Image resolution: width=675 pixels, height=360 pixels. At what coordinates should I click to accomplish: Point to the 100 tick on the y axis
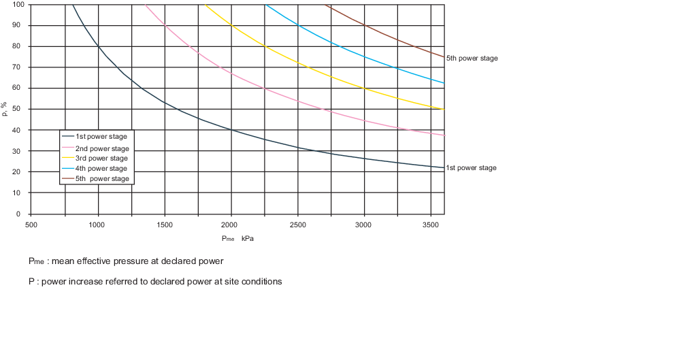pos(18,5)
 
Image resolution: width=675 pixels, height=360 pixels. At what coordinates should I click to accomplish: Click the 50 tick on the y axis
pos(18,109)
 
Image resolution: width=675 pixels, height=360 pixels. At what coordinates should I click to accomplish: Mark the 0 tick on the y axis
pos(20,214)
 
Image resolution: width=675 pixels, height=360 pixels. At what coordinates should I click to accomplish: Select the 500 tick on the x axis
pos(31,223)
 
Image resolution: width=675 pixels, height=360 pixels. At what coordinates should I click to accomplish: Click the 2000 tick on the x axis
pos(231,223)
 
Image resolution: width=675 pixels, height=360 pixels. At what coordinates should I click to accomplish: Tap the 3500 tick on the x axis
pos(430,223)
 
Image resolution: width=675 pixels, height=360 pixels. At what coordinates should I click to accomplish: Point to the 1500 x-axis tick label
pos(164,223)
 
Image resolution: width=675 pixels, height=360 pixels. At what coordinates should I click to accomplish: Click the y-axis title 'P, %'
pos(5,109)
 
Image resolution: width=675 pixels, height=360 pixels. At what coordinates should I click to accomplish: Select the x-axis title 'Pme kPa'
pos(237,239)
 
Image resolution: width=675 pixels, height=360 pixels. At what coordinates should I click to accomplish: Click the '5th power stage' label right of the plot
pos(472,59)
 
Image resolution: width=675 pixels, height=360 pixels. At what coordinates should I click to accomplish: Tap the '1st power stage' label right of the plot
pos(471,168)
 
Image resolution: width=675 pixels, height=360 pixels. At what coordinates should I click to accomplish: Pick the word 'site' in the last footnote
pos(237,282)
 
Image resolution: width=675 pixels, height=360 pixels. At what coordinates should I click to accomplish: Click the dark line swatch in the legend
pos(68,137)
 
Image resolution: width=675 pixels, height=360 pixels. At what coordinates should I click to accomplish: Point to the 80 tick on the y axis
pos(18,46)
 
